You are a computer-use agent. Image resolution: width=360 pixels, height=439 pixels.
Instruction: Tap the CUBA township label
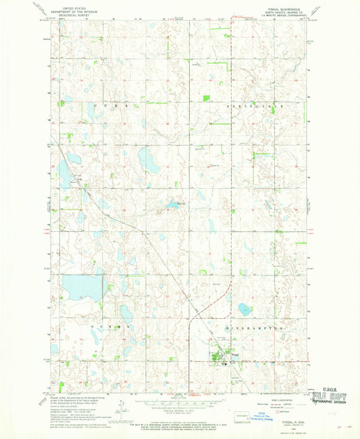click(107, 107)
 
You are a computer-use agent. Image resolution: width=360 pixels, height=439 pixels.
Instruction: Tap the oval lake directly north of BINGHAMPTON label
click(245, 309)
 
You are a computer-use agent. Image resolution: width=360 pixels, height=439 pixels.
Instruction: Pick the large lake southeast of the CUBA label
click(147, 160)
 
